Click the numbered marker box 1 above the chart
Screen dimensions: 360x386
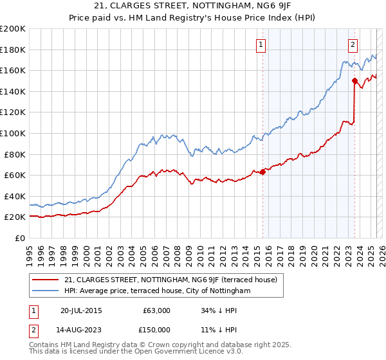click(261, 44)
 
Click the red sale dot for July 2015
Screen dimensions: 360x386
click(262, 172)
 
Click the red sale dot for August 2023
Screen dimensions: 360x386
click(354, 80)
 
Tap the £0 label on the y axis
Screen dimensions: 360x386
click(21, 238)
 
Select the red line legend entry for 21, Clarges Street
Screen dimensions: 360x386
click(170, 280)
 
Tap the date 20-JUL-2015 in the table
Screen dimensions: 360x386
click(81, 310)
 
